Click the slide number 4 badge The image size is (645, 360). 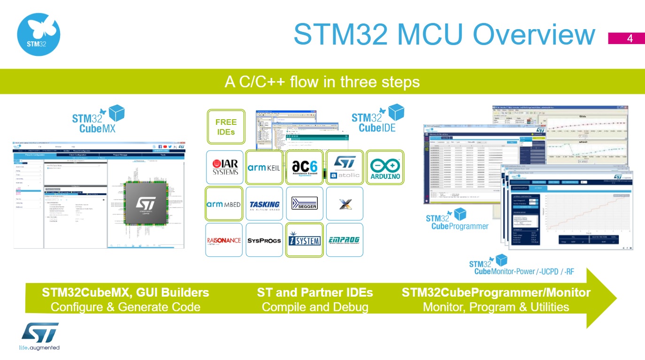[x=630, y=39]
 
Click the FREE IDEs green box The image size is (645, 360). [x=226, y=127]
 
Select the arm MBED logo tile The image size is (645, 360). [x=224, y=204]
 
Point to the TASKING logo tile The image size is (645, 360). [x=264, y=204]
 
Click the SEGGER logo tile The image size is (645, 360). [x=304, y=204]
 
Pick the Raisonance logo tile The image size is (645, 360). [x=224, y=240]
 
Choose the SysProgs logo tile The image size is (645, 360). [x=264, y=240]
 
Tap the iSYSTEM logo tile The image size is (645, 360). [x=304, y=240]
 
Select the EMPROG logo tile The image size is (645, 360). [x=345, y=240]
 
